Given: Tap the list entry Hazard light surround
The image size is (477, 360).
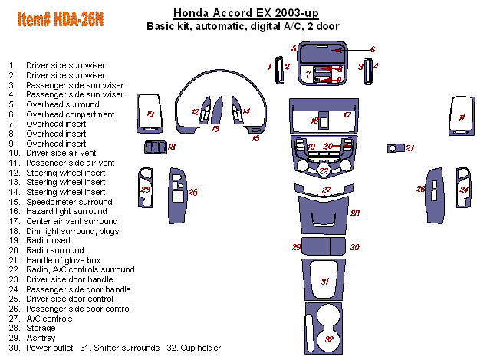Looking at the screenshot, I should (66, 211).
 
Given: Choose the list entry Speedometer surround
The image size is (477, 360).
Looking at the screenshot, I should (69, 202).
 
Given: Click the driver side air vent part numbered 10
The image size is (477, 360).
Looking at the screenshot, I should (150, 116).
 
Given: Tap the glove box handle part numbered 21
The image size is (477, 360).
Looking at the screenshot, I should (396, 147).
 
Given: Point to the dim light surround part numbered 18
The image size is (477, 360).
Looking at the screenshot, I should (153, 147).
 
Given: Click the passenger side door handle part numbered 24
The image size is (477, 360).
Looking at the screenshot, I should (463, 187).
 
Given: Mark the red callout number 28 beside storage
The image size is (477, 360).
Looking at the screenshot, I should (355, 213).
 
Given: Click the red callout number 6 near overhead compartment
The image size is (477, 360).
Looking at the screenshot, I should (373, 49).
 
